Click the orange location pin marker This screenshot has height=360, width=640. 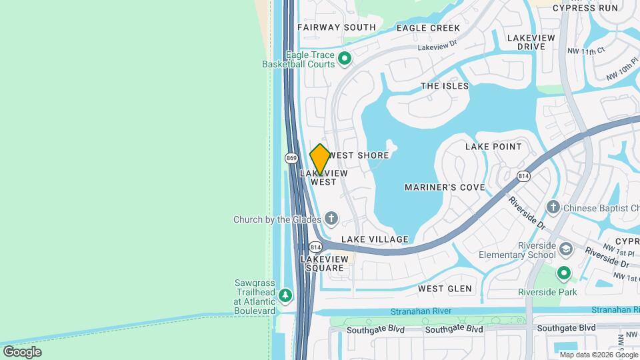point(320,160)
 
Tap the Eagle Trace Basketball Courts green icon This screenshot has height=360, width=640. point(345,59)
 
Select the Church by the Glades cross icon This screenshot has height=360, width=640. point(331,219)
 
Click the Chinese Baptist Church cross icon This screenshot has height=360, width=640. point(553,208)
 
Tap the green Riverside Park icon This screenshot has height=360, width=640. point(564,273)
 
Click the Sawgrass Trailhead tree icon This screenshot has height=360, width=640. point(285,295)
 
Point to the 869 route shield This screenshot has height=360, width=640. point(291,158)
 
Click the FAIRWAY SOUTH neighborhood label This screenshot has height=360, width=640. point(337,27)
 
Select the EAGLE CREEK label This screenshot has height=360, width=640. point(428,28)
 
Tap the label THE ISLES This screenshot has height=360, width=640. point(445,86)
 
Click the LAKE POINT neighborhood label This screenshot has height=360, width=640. point(493,146)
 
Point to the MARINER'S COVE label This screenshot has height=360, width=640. point(445,187)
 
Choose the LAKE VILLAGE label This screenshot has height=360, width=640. point(375,239)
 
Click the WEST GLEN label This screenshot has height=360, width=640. point(445,289)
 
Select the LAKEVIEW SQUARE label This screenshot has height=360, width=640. point(325,263)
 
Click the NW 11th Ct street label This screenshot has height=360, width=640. point(586,51)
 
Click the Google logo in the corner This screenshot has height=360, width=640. point(22,351)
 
